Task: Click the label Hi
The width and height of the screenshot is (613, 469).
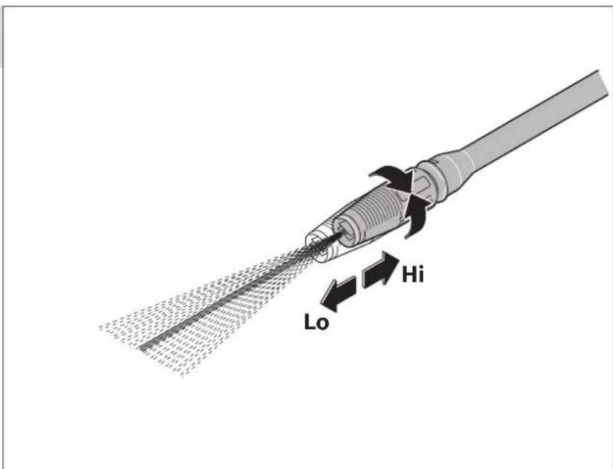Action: pos(413,274)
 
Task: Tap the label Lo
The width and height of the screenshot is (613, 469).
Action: pos(317,322)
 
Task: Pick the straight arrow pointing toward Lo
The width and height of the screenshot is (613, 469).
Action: pos(338,294)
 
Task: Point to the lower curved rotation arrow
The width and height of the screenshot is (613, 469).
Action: pos(415,215)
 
